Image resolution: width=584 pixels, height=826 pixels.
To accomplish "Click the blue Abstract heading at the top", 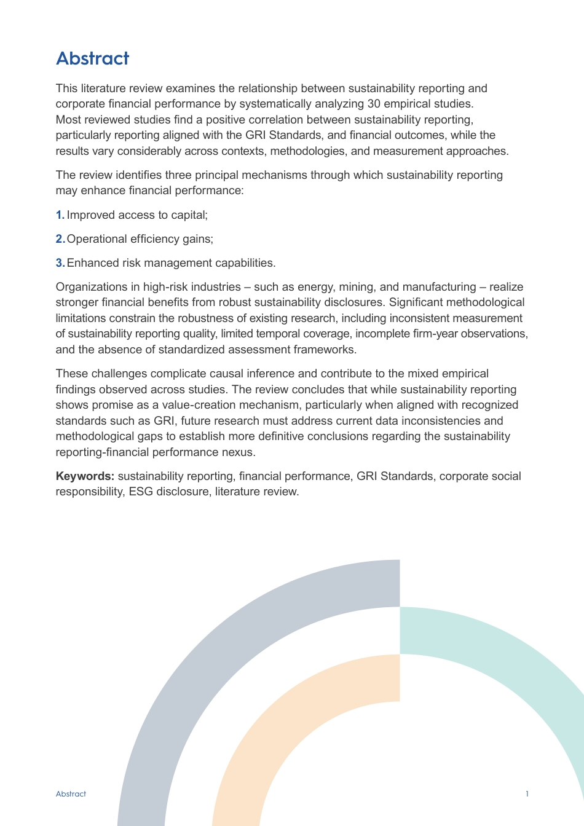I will (x=92, y=58).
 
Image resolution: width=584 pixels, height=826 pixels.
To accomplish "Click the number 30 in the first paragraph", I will (x=374, y=104).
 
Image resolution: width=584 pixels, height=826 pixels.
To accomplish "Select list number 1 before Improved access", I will (x=60, y=215).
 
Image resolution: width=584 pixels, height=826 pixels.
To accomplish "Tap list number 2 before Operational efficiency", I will (x=60, y=239).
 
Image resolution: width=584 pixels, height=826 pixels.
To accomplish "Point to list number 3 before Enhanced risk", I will (x=60, y=263).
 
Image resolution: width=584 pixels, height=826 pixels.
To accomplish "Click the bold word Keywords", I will (x=85, y=476).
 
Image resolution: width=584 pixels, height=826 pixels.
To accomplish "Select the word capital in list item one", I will (x=190, y=215).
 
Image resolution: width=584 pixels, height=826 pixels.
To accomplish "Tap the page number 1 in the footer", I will (x=527, y=794).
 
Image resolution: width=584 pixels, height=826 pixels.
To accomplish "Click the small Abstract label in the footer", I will (x=71, y=794).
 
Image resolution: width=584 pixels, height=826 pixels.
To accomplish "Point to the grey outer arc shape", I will (x=184, y=676).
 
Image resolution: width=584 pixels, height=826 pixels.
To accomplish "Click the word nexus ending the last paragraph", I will (x=240, y=452).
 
